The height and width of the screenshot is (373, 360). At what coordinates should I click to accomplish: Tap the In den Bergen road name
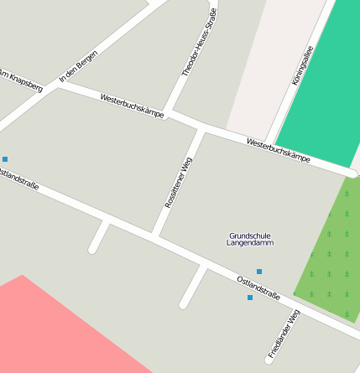tap(78, 67)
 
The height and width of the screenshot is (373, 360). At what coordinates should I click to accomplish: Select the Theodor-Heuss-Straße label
tap(200, 43)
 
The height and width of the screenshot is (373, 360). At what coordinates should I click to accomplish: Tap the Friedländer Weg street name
tap(284, 334)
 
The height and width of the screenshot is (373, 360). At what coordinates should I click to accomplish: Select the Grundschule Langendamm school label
tap(249, 239)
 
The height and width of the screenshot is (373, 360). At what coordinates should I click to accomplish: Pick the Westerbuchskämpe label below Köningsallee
tap(279, 150)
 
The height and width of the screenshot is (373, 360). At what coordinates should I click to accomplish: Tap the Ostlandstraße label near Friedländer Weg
tap(258, 287)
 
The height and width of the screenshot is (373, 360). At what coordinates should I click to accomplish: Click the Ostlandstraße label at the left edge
tap(18, 180)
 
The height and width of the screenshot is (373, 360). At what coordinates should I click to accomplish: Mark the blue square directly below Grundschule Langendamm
tap(259, 271)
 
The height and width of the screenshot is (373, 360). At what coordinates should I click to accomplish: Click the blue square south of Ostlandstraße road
tap(249, 298)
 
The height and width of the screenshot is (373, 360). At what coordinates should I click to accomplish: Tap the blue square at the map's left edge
tap(5, 158)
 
